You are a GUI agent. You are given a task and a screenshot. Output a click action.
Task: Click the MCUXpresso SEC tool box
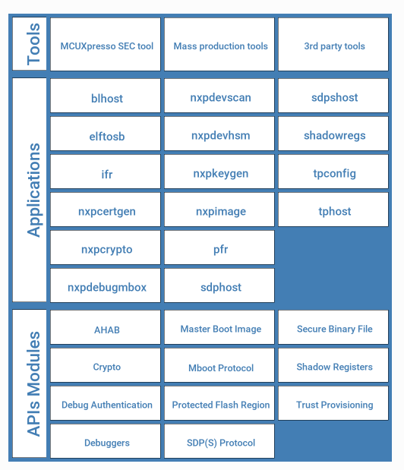point(106,44)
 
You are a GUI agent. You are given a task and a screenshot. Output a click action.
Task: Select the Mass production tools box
point(219,44)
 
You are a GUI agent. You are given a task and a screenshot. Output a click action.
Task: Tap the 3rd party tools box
point(333,44)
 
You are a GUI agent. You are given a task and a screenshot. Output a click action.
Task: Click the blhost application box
point(106,96)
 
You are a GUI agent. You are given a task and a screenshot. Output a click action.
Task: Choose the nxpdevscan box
point(219,96)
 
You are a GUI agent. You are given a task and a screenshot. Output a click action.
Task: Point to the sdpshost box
point(333,96)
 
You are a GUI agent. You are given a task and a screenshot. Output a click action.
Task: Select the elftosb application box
point(106,134)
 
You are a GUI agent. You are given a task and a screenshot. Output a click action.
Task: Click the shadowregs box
point(333,134)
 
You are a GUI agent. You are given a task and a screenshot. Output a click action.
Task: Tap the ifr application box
point(106,172)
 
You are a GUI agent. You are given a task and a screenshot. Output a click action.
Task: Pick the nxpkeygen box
point(219,172)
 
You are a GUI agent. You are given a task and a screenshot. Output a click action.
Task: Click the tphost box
point(333,210)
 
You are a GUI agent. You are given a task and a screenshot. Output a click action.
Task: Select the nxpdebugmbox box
point(106,285)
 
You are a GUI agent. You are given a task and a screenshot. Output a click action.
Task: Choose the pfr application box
point(219,248)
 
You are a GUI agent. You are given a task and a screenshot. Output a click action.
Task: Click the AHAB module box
point(106,327)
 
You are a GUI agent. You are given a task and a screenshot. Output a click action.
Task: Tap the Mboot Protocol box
point(219,365)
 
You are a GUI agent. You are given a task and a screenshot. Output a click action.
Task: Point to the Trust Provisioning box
point(333,403)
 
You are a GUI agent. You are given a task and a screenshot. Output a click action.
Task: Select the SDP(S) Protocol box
point(219,441)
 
